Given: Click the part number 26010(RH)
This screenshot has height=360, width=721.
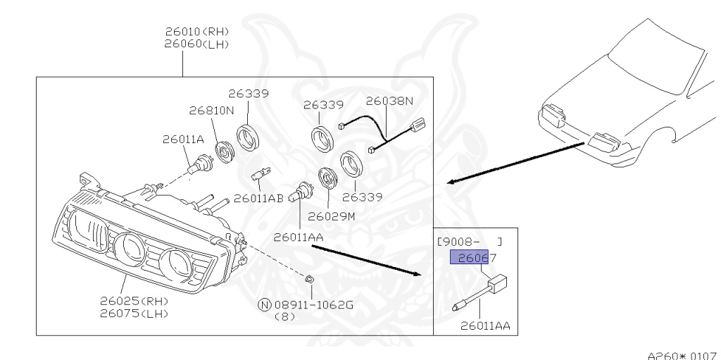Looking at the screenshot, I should point(197,32).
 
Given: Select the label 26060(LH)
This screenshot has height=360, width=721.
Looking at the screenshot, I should point(197,44).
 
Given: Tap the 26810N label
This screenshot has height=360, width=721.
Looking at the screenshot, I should point(211,111).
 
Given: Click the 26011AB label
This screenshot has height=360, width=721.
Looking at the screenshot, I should point(258,199).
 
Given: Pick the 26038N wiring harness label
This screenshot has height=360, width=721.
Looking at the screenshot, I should point(389,101).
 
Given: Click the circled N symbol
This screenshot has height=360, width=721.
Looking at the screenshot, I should point(264,305).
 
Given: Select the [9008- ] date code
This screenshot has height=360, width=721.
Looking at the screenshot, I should point(470,242).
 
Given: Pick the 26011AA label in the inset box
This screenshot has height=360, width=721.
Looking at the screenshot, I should point(485,326).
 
